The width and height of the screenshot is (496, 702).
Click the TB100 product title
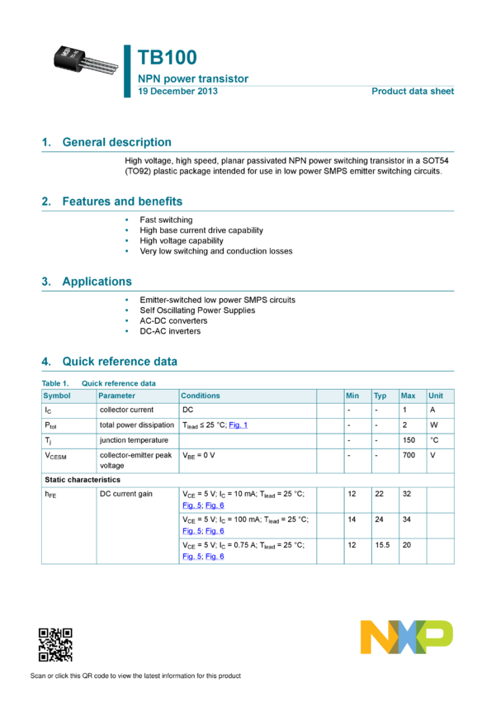(168, 58)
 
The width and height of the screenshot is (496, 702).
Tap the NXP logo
(406, 637)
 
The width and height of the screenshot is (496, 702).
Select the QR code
(55, 645)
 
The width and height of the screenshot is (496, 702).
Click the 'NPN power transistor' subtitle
(193, 79)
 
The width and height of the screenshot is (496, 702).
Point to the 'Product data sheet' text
(413, 91)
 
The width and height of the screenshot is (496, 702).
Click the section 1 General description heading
(116, 142)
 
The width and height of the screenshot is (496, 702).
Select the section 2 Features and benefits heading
(122, 202)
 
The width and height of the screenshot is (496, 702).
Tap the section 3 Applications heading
(97, 282)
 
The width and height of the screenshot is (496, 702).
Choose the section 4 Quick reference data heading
(120, 362)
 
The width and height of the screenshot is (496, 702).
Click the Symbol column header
(57, 396)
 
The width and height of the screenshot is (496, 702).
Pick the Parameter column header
(116, 396)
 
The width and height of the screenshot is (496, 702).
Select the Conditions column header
(201, 396)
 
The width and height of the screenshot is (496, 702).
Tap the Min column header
(352, 396)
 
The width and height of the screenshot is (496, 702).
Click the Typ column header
(380, 396)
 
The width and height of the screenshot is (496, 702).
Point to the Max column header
(408, 396)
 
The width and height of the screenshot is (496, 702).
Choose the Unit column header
(436, 396)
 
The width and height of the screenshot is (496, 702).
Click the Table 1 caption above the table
(99, 383)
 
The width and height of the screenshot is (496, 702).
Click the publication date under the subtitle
(177, 91)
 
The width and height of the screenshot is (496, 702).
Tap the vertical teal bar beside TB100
(127, 71)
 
